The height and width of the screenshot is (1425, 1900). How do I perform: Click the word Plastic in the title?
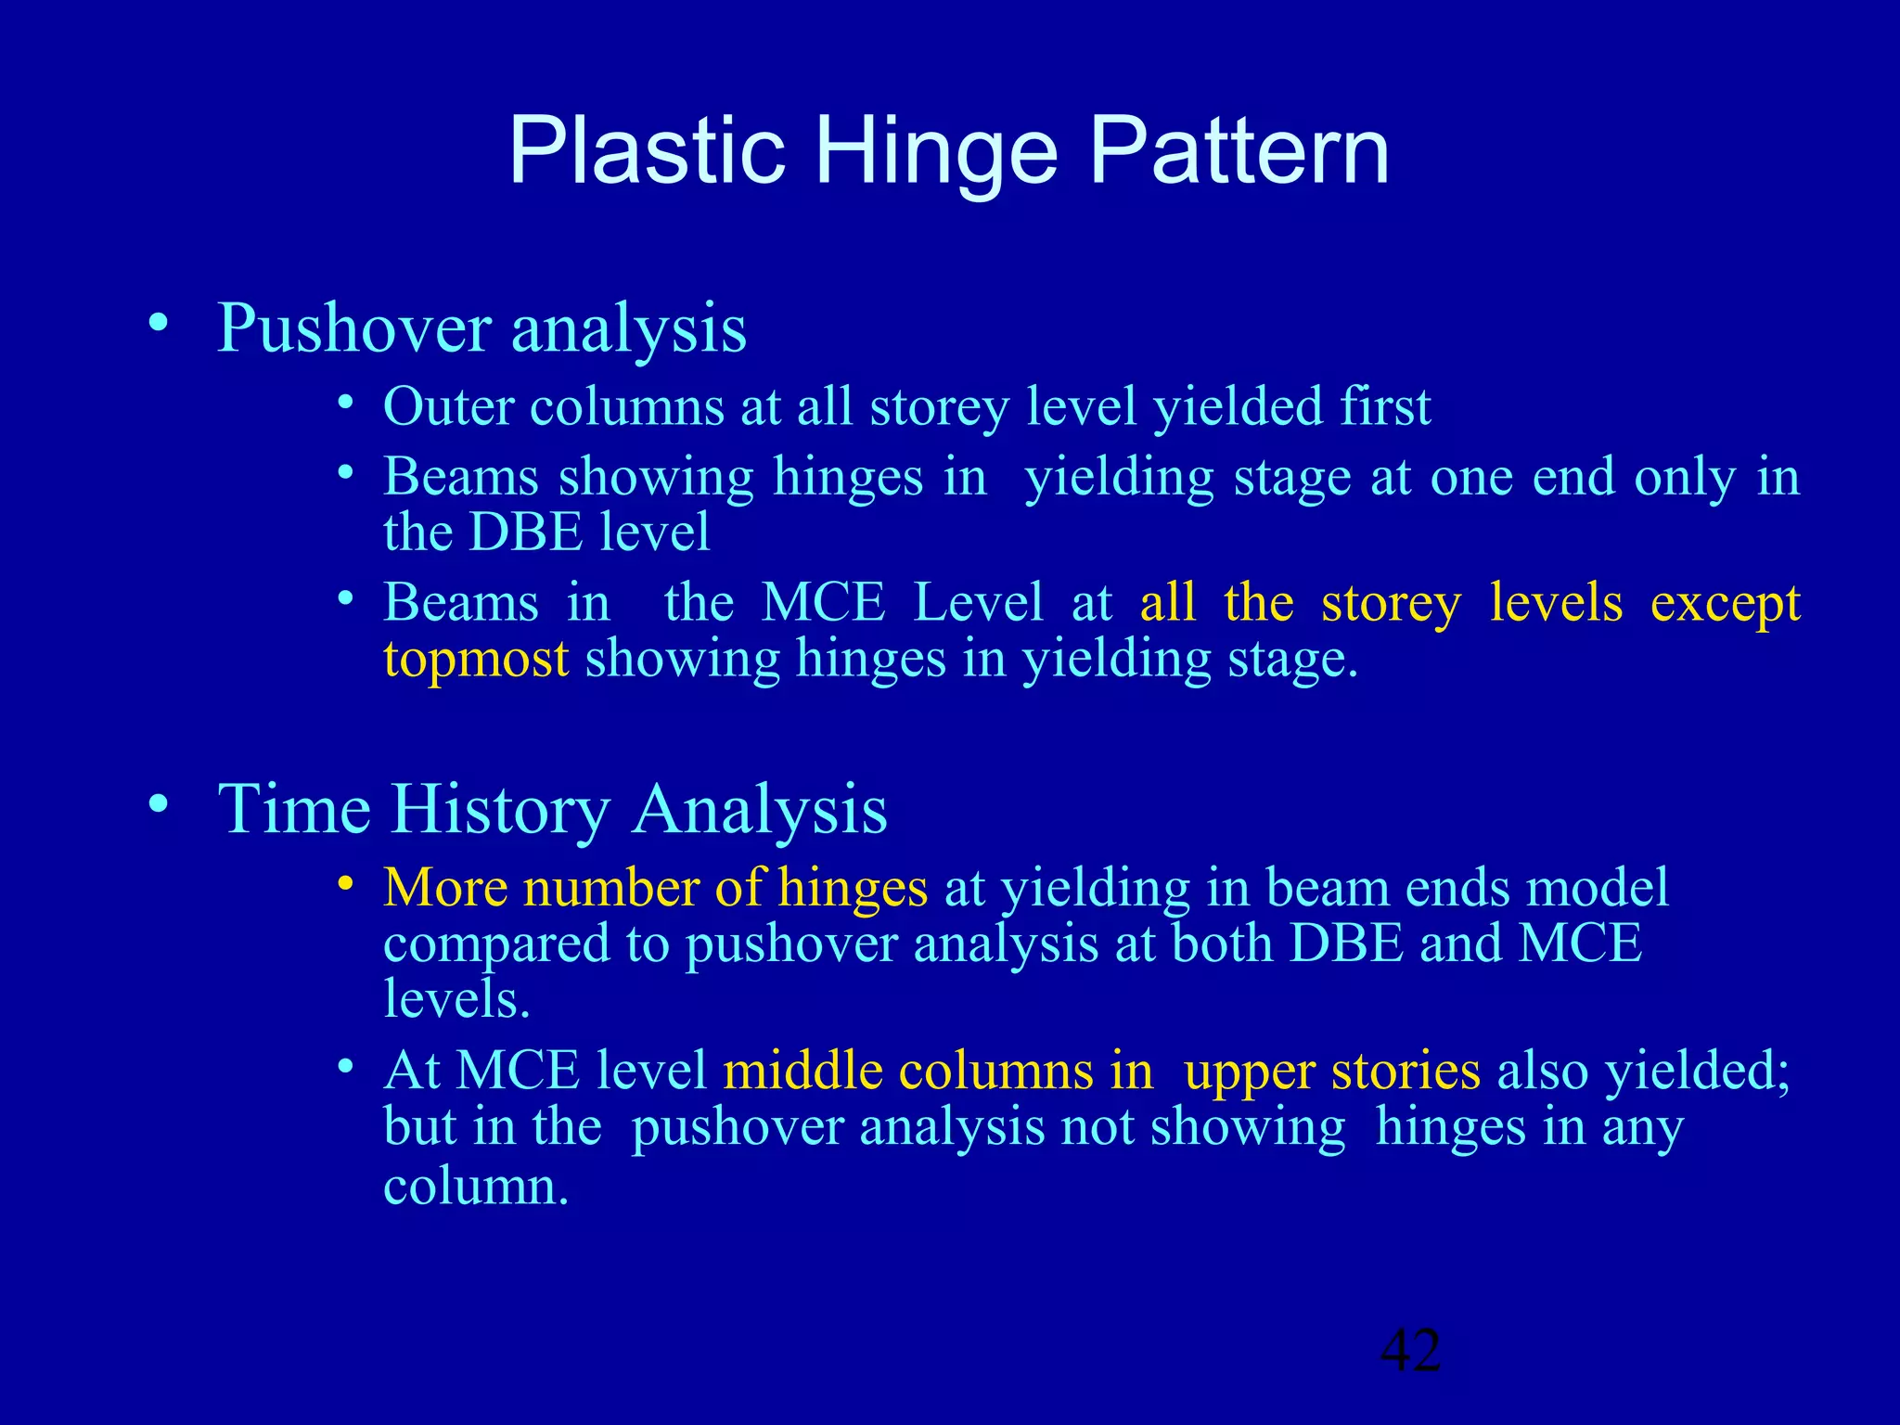[x=647, y=151]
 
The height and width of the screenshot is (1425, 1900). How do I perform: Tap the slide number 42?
[x=1410, y=1351]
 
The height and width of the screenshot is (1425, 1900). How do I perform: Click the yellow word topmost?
[x=476, y=660]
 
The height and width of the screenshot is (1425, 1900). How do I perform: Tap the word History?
[x=499, y=809]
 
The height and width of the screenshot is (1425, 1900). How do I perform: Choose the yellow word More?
[x=445, y=888]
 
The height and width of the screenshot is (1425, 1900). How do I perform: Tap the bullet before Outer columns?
[x=345, y=404]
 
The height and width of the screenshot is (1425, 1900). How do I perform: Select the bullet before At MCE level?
[x=345, y=1068]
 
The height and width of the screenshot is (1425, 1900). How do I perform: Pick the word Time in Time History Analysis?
[x=294, y=809]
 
